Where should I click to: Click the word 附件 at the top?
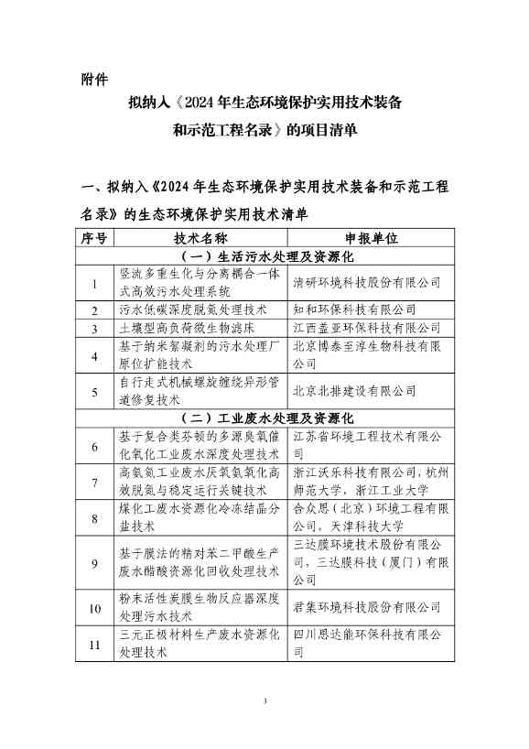point(94,79)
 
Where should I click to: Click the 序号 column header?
point(94,238)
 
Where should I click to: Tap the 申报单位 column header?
point(370,238)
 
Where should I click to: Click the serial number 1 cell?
point(94,282)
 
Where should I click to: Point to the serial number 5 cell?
point(94,391)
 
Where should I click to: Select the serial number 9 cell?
point(94,563)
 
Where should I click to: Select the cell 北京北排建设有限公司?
point(354,391)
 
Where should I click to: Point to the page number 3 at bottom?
point(264,702)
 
